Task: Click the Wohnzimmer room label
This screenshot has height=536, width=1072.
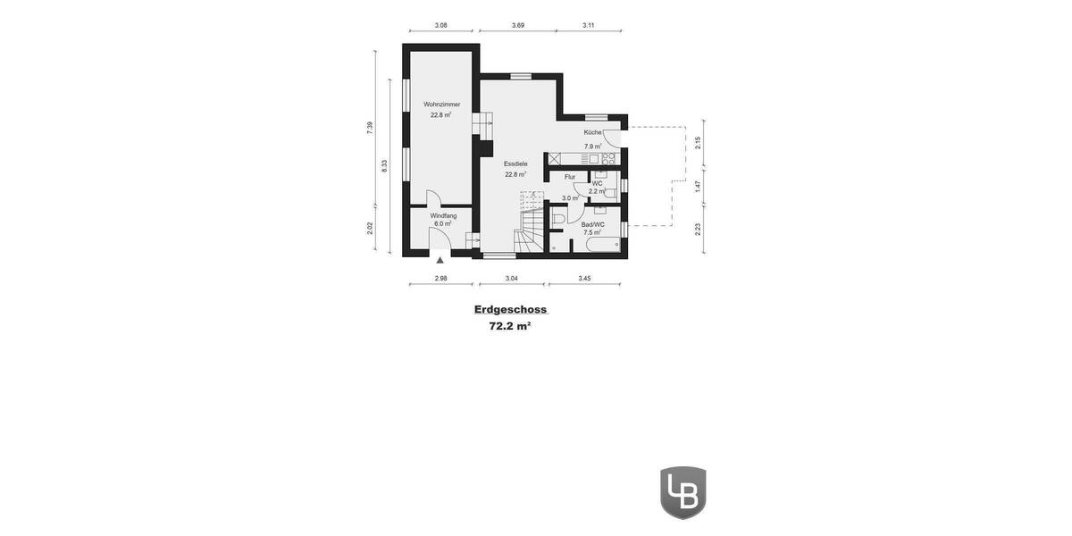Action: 441,105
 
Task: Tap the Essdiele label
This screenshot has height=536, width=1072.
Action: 515,164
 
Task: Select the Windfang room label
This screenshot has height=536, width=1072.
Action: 443,216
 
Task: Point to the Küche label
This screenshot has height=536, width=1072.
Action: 593,133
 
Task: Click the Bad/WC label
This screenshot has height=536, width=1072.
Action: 593,224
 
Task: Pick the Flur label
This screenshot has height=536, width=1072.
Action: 570,177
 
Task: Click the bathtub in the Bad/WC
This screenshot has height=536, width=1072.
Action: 603,244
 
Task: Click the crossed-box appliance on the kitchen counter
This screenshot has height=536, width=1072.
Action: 555,159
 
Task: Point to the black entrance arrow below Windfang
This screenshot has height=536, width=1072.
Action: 440,261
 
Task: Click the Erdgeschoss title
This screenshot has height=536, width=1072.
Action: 510,310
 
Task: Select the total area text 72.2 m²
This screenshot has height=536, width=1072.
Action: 510,327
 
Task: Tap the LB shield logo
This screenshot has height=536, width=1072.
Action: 683,492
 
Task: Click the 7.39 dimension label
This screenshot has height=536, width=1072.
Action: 370,128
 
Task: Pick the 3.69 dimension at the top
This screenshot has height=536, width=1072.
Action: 518,26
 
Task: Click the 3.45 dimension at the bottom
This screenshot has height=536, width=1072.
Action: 584,279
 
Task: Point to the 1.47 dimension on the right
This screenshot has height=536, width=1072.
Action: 699,186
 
